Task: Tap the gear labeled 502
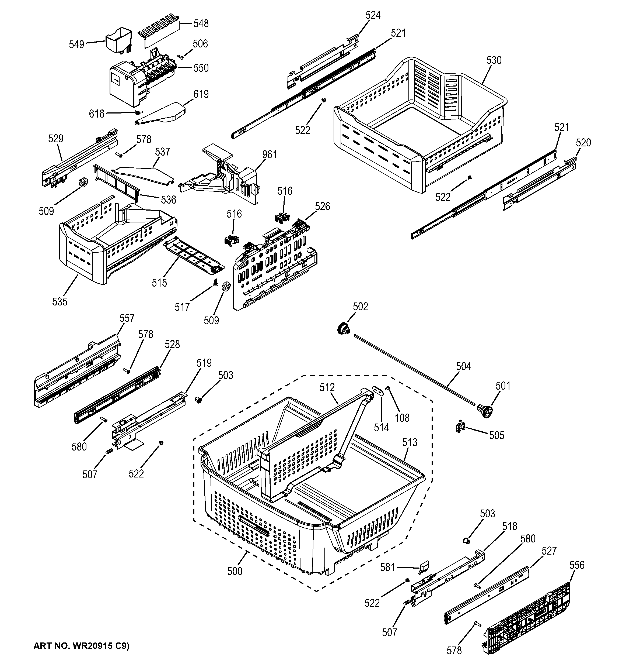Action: pyautogui.click(x=342, y=328)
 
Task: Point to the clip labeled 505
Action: pyautogui.click(x=460, y=427)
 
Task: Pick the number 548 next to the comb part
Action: pyautogui.click(x=201, y=23)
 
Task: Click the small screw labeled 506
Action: pyautogui.click(x=181, y=57)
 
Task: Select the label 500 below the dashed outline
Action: pyautogui.click(x=235, y=571)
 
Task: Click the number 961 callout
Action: pyautogui.click(x=270, y=155)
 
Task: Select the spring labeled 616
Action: pyautogui.click(x=137, y=113)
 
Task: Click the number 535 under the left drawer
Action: pyautogui.click(x=60, y=302)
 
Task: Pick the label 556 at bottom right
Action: pyautogui.click(x=577, y=565)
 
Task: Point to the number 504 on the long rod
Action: pyautogui.click(x=463, y=366)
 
